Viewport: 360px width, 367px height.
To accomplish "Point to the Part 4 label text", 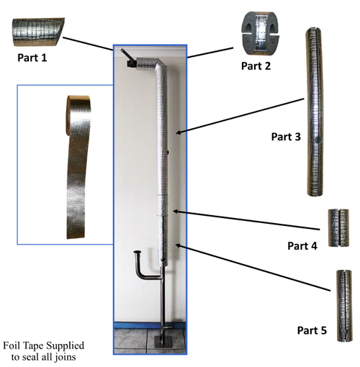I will pos(302,245).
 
